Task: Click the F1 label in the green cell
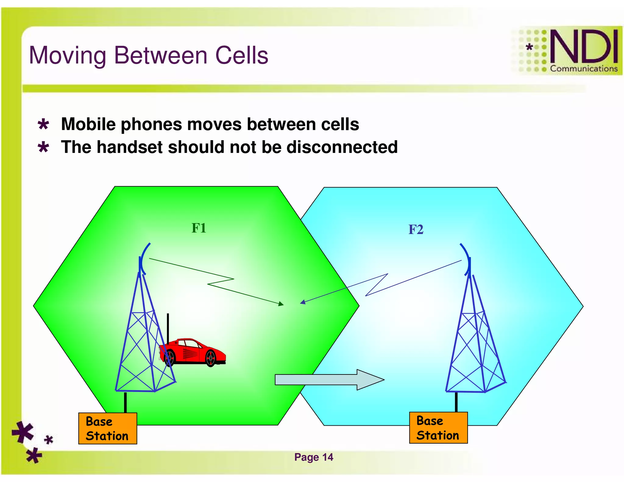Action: coord(199,228)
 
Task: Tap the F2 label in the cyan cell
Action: coord(416,229)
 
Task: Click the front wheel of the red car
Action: coord(211,358)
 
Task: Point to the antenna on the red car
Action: coord(168,328)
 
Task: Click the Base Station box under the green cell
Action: coord(108,428)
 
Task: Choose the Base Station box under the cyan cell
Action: coord(438,428)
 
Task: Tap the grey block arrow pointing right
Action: coord(329,380)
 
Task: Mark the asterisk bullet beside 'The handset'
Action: coord(43,147)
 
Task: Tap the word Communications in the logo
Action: coord(583,69)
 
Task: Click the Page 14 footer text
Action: coord(314,457)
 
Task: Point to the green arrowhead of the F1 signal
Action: coord(281,303)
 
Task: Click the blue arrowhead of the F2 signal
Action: coord(303,302)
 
